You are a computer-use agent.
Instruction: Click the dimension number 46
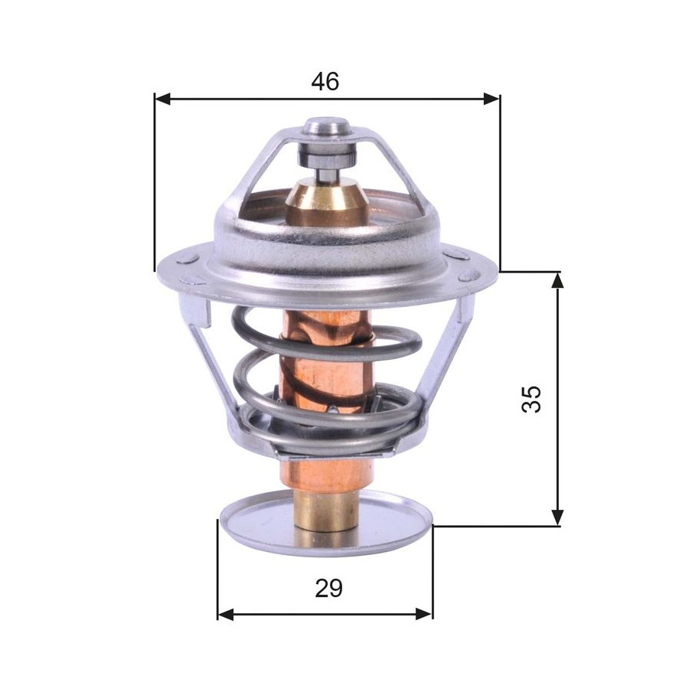click(325, 82)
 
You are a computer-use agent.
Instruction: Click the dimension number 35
click(531, 399)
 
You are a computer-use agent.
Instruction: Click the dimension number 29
click(328, 589)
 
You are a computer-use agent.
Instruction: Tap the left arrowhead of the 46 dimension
click(162, 99)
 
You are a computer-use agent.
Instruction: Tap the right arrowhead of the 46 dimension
click(491, 99)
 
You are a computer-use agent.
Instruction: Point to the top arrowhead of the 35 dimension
click(557, 280)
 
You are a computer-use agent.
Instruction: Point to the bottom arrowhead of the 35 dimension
click(557, 518)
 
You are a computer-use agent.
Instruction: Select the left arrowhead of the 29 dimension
click(226, 613)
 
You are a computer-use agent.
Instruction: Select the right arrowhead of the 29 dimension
click(424, 613)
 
